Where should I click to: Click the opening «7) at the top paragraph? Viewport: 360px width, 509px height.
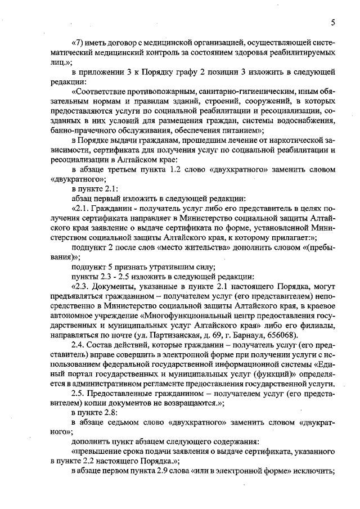[x=78, y=42]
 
